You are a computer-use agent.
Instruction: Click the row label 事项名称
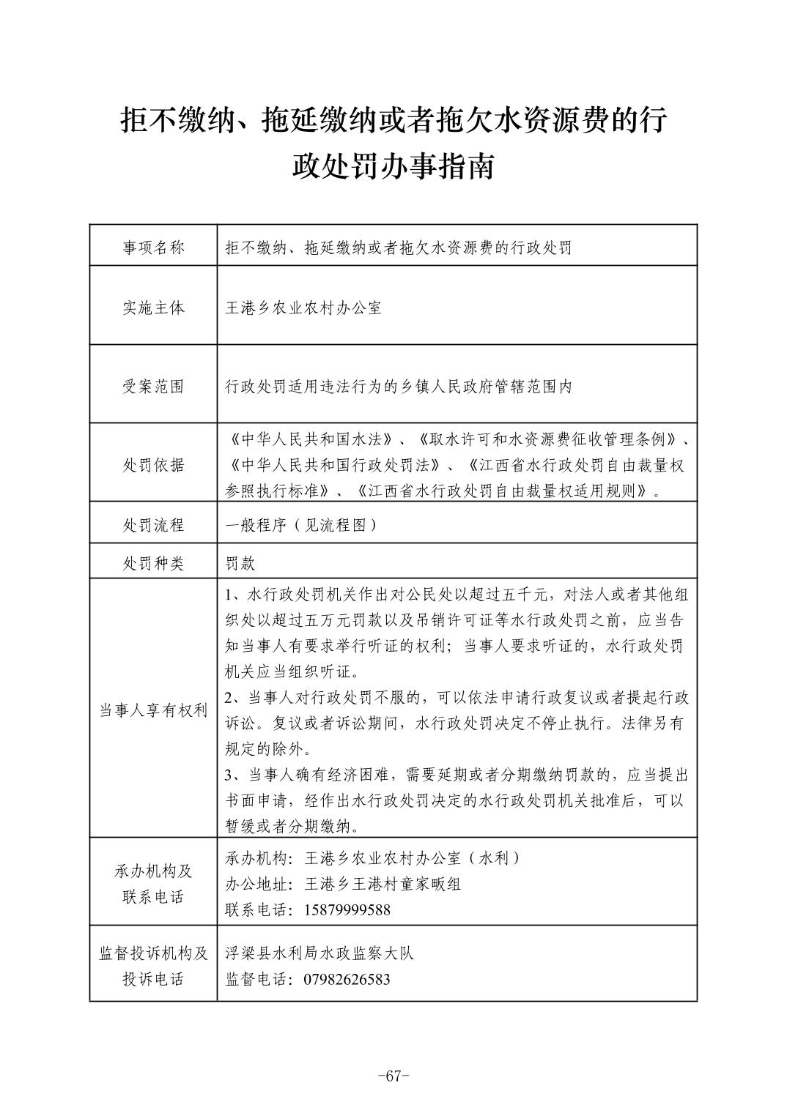tap(153, 247)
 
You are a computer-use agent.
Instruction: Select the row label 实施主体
tap(153, 308)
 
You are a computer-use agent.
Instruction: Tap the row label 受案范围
tap(153, 387)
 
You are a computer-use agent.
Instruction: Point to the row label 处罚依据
tap(153, 465)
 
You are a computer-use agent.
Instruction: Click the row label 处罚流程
tap(153, 525)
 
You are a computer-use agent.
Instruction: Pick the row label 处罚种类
tap(153, 563)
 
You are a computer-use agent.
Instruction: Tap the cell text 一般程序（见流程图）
tap(301, 525)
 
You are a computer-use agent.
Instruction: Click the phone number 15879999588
tap(347, 910)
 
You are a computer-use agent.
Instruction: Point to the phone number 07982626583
tap(347, 979)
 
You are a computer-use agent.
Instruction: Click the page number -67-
tap(393, 1076)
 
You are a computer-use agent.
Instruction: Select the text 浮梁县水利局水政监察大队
tap(319, 953)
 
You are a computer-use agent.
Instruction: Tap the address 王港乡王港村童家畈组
tap(383, 884)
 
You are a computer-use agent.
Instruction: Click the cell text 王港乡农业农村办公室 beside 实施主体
tap(303, 308)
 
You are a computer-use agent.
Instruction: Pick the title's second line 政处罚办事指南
tap(393, 166)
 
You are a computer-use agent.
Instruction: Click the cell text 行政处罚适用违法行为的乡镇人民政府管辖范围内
tap(399, 387)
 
